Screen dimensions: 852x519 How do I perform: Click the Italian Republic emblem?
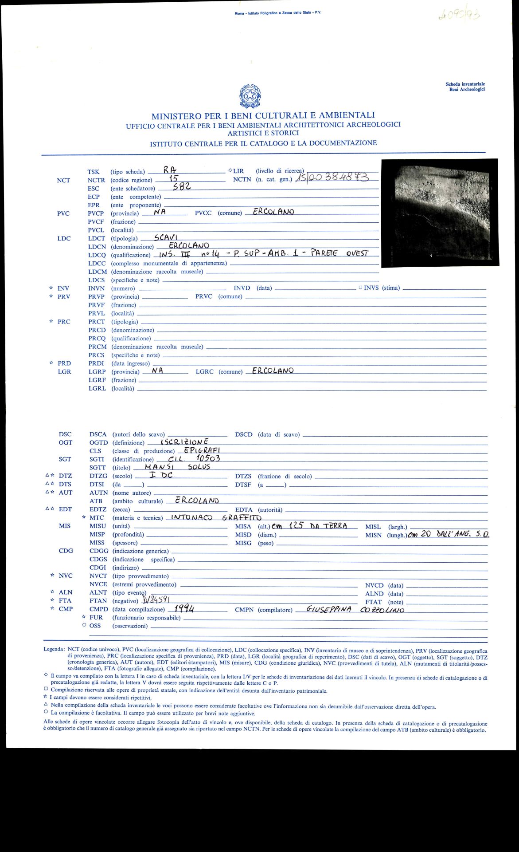pos(250,96)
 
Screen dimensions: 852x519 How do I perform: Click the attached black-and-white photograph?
pos(439,213)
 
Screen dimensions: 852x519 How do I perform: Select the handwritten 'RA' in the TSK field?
pos(170,170)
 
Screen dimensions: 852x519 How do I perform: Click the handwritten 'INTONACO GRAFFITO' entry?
pos(216,517)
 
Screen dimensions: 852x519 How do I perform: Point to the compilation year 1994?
pos(184,608)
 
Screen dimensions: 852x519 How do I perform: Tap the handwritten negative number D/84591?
pos(154,601)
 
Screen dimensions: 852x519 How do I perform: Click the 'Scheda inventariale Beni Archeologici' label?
pos(465,87)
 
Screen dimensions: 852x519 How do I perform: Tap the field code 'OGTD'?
pos(98,442)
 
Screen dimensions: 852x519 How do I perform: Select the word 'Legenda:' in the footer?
pos(54,649)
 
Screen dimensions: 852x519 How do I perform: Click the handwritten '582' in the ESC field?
pos(182,187)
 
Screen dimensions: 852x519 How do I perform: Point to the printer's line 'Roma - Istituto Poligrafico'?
pos(278,13)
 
